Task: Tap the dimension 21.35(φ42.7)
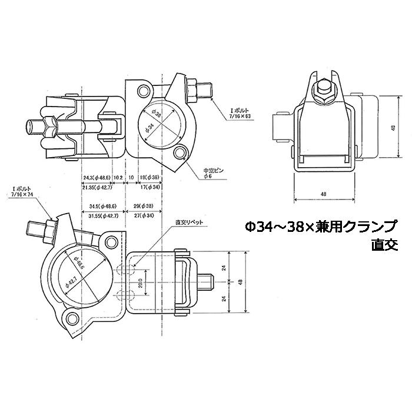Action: [97, 187]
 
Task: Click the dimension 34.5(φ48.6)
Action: [103, 206]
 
